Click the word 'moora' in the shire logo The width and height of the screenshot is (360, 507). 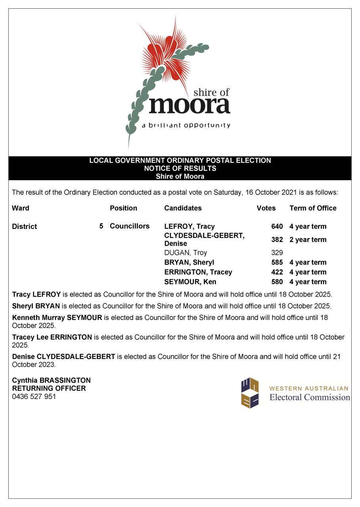[189, 105]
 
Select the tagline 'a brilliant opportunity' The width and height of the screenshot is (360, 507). [186, 125]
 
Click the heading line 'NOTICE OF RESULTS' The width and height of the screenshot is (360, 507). [180, 168]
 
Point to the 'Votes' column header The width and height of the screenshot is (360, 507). [266, 208]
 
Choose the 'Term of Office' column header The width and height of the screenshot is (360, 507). [313, 208]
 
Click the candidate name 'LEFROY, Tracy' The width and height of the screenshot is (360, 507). [190, 227]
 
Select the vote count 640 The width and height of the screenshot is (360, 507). [277, 227]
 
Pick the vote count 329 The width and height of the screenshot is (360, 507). [277, 253]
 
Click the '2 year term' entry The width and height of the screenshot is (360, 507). [308, 240]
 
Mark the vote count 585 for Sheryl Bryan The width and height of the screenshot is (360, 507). [277, 262]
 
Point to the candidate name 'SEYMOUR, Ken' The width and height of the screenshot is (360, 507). [190, 282]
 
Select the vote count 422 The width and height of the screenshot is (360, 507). [277, 272]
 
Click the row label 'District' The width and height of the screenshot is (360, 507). [25, 227]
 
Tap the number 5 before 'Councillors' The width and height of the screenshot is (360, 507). [101, 226]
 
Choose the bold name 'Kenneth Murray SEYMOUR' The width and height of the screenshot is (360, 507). [57, 318]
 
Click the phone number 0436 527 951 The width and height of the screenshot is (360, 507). [34, 396]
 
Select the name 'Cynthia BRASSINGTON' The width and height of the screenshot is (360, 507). [51, 380]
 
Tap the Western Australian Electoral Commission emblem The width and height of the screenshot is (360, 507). [250, 393]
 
